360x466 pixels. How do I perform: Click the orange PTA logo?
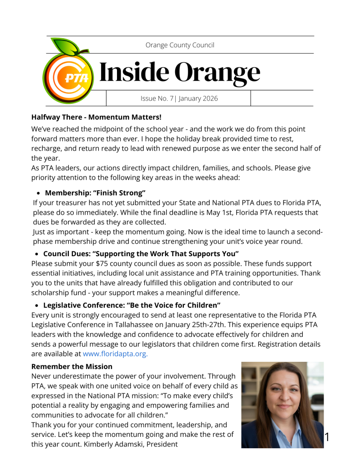(68, 77)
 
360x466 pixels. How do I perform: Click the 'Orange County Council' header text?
(180, 45)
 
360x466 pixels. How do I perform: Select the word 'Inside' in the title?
(132, 72)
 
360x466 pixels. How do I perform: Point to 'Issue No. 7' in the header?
(157, 98)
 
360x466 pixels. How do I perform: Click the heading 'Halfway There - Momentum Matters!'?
(96, 117)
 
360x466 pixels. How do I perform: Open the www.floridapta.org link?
(115, 353)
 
